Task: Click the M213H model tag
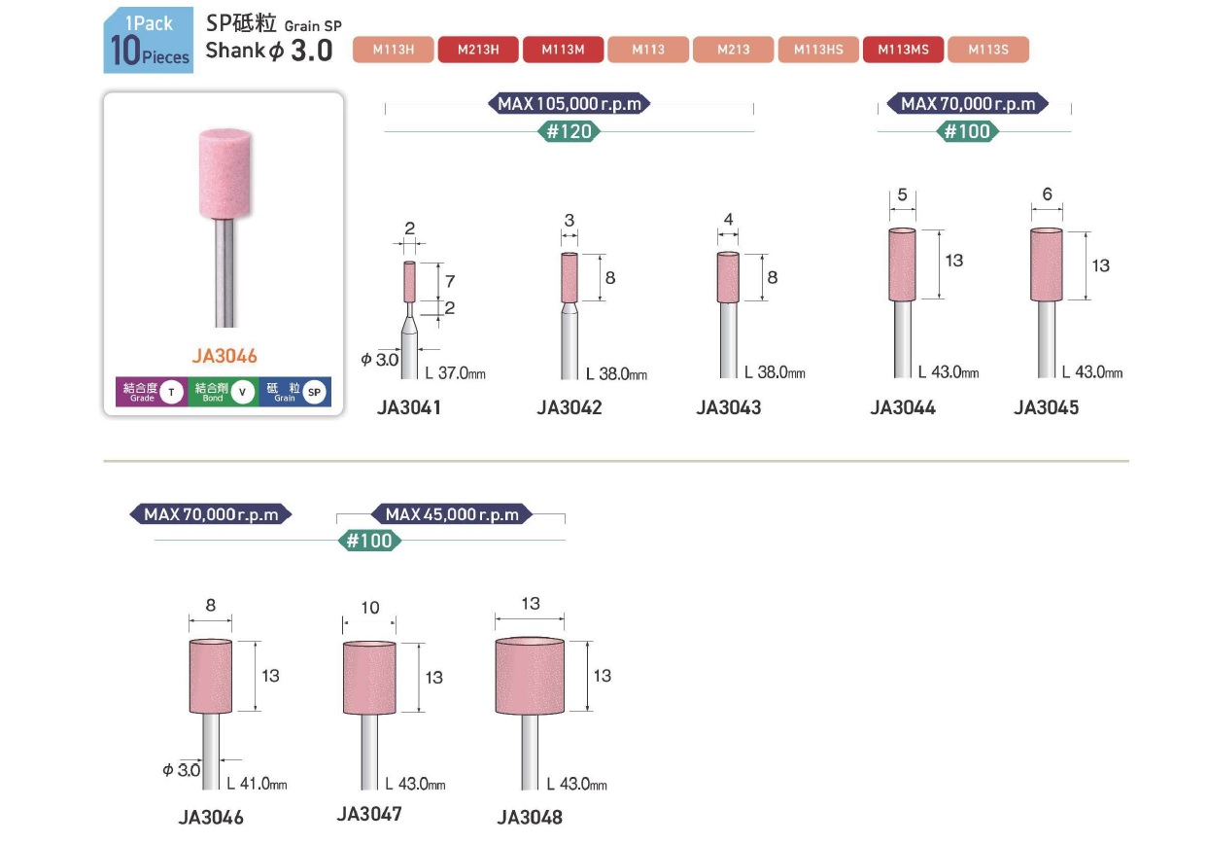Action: point(478,50)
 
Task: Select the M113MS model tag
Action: point(903,50)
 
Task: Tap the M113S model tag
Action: point(988,50)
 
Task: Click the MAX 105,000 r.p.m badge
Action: point(569,103)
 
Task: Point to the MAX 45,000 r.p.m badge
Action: point(452,514)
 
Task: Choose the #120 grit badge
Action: point(569,131)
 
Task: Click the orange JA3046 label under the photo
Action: point(224,356)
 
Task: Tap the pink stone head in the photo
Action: point(225,174)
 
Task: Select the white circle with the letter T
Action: point(171,392)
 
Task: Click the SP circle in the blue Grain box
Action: point(314,393)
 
